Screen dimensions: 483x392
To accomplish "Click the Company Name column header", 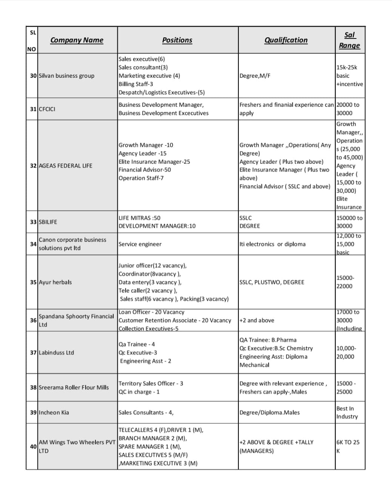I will tap(77, 40).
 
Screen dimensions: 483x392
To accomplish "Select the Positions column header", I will tap(177, 40).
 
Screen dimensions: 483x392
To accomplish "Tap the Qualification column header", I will tap(286, 40).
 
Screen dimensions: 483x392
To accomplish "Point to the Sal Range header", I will tap(349, 40).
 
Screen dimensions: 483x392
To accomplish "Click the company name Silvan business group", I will tap(66, 76).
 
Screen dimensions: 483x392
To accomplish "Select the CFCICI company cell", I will tap(47, 109).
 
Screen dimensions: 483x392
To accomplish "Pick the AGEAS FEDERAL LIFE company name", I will tap(65, 166).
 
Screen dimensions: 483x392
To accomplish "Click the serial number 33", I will tap(33, 222).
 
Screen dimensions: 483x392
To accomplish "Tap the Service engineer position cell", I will tap(140, 244).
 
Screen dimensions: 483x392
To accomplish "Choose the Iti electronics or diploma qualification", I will tap(272, 244).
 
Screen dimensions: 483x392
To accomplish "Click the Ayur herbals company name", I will tap(55, 282).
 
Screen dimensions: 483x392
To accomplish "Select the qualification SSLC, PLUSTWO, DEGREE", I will tap(272, 282).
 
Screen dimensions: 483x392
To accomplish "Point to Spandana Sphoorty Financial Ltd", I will tap(76, 320).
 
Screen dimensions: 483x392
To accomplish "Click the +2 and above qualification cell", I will tap(257, 320).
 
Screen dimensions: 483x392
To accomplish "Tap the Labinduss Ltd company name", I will tap(56, 353).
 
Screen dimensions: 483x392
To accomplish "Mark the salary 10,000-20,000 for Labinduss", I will tap(346, 352).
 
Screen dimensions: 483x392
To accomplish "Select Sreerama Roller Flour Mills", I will tap(74, 388).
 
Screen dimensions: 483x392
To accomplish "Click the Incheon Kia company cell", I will tap(54, 412).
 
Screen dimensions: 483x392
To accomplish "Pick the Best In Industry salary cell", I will tap(347, 412).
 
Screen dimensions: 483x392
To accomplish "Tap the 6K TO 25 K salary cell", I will tap(347, 446).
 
